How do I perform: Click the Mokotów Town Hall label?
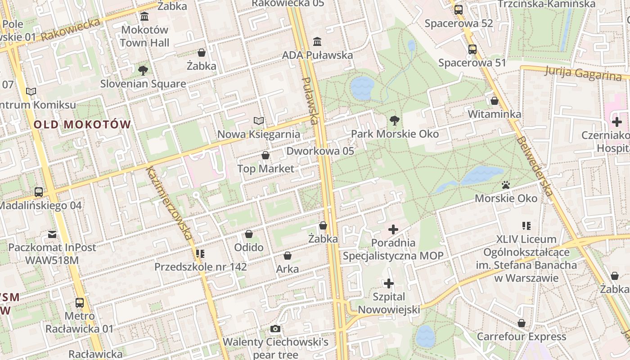[144, 36]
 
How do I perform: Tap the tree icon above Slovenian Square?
[143, 70]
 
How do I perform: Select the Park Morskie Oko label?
[395, 134]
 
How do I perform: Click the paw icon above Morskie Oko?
[506, 185]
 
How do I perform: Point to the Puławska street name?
[310, 100]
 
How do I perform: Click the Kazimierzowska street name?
[169, 202]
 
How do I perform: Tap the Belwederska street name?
[535, 166]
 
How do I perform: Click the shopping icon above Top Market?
[265, 155]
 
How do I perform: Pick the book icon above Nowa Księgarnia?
[258, 121]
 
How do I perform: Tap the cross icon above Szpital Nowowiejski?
[389, 283]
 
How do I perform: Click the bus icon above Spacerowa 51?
[472, 49]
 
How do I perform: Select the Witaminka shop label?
[495, 114]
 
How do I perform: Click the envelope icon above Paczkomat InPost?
[52, 234]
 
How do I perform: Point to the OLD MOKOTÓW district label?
[82, 125]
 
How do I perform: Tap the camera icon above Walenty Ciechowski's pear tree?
[275, 329]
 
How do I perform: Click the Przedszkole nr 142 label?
[201, 267]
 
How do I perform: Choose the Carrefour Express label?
[521, 337]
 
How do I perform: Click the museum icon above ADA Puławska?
[317, 41]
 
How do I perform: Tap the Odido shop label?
[249, 247]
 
